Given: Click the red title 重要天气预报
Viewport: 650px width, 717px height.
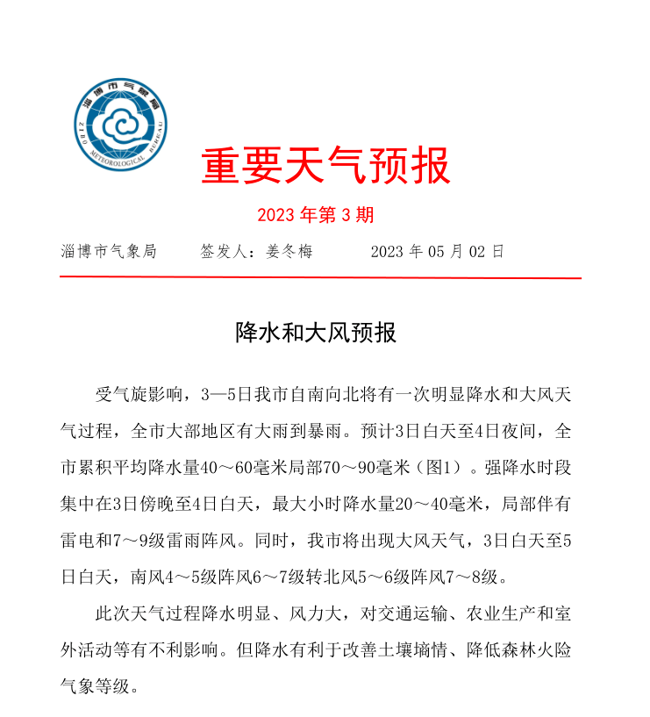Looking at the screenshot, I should tap(325, 166).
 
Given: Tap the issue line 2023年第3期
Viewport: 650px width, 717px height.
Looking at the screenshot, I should tap(316, 215).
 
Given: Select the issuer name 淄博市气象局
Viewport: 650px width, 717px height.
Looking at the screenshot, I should tap(109, 252).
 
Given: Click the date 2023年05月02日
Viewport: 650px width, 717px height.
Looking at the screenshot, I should tap(437, 252).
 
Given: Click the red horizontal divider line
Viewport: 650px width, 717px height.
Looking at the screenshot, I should tap(320, 277).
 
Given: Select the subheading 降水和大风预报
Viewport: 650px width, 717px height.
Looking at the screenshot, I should tap(316, 333).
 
